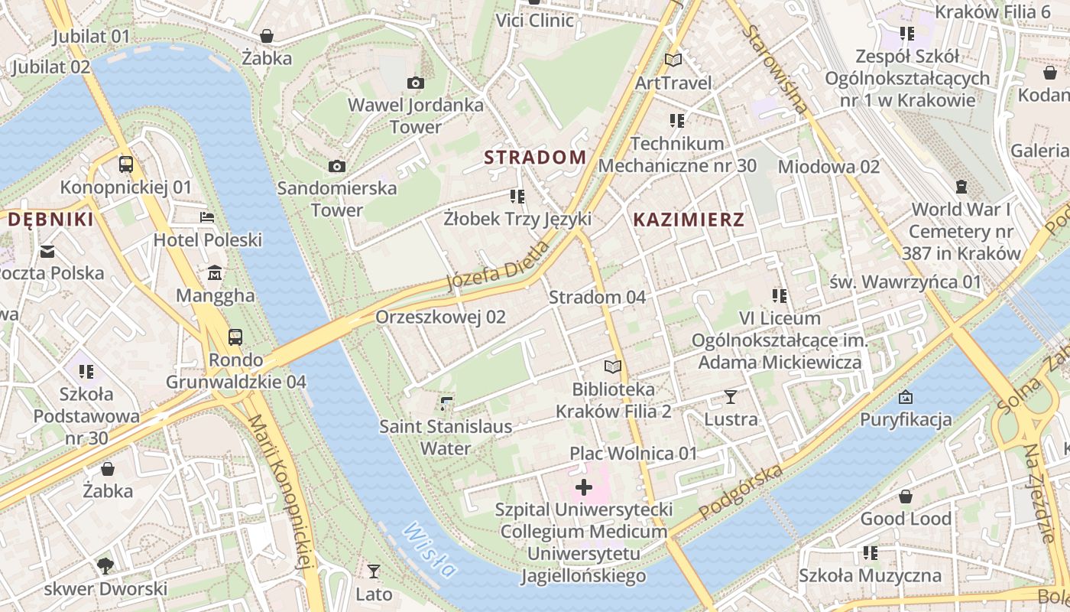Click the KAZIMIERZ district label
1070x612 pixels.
(689, 220)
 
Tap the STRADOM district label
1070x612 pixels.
(536, 158)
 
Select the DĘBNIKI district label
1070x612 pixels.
(50, 220)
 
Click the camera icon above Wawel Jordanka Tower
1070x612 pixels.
(416, 83)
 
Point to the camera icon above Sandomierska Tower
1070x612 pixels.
(336, 166)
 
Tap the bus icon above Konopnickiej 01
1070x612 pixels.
(126, 164)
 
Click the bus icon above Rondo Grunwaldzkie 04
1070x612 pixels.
(235, 337)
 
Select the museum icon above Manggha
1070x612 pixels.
(215, 273)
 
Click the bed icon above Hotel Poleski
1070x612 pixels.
(207, 217)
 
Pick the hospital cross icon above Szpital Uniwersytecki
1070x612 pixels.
(584, 487)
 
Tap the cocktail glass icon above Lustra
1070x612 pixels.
(731, 397)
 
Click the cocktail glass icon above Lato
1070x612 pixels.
(374, 571)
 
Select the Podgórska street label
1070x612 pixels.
(741, 491)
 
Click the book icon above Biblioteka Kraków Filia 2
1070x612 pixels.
(613, 366)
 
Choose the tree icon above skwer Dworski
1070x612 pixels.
(105, 566)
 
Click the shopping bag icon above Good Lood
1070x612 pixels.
(906, 496)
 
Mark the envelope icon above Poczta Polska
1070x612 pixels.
(48, 251)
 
